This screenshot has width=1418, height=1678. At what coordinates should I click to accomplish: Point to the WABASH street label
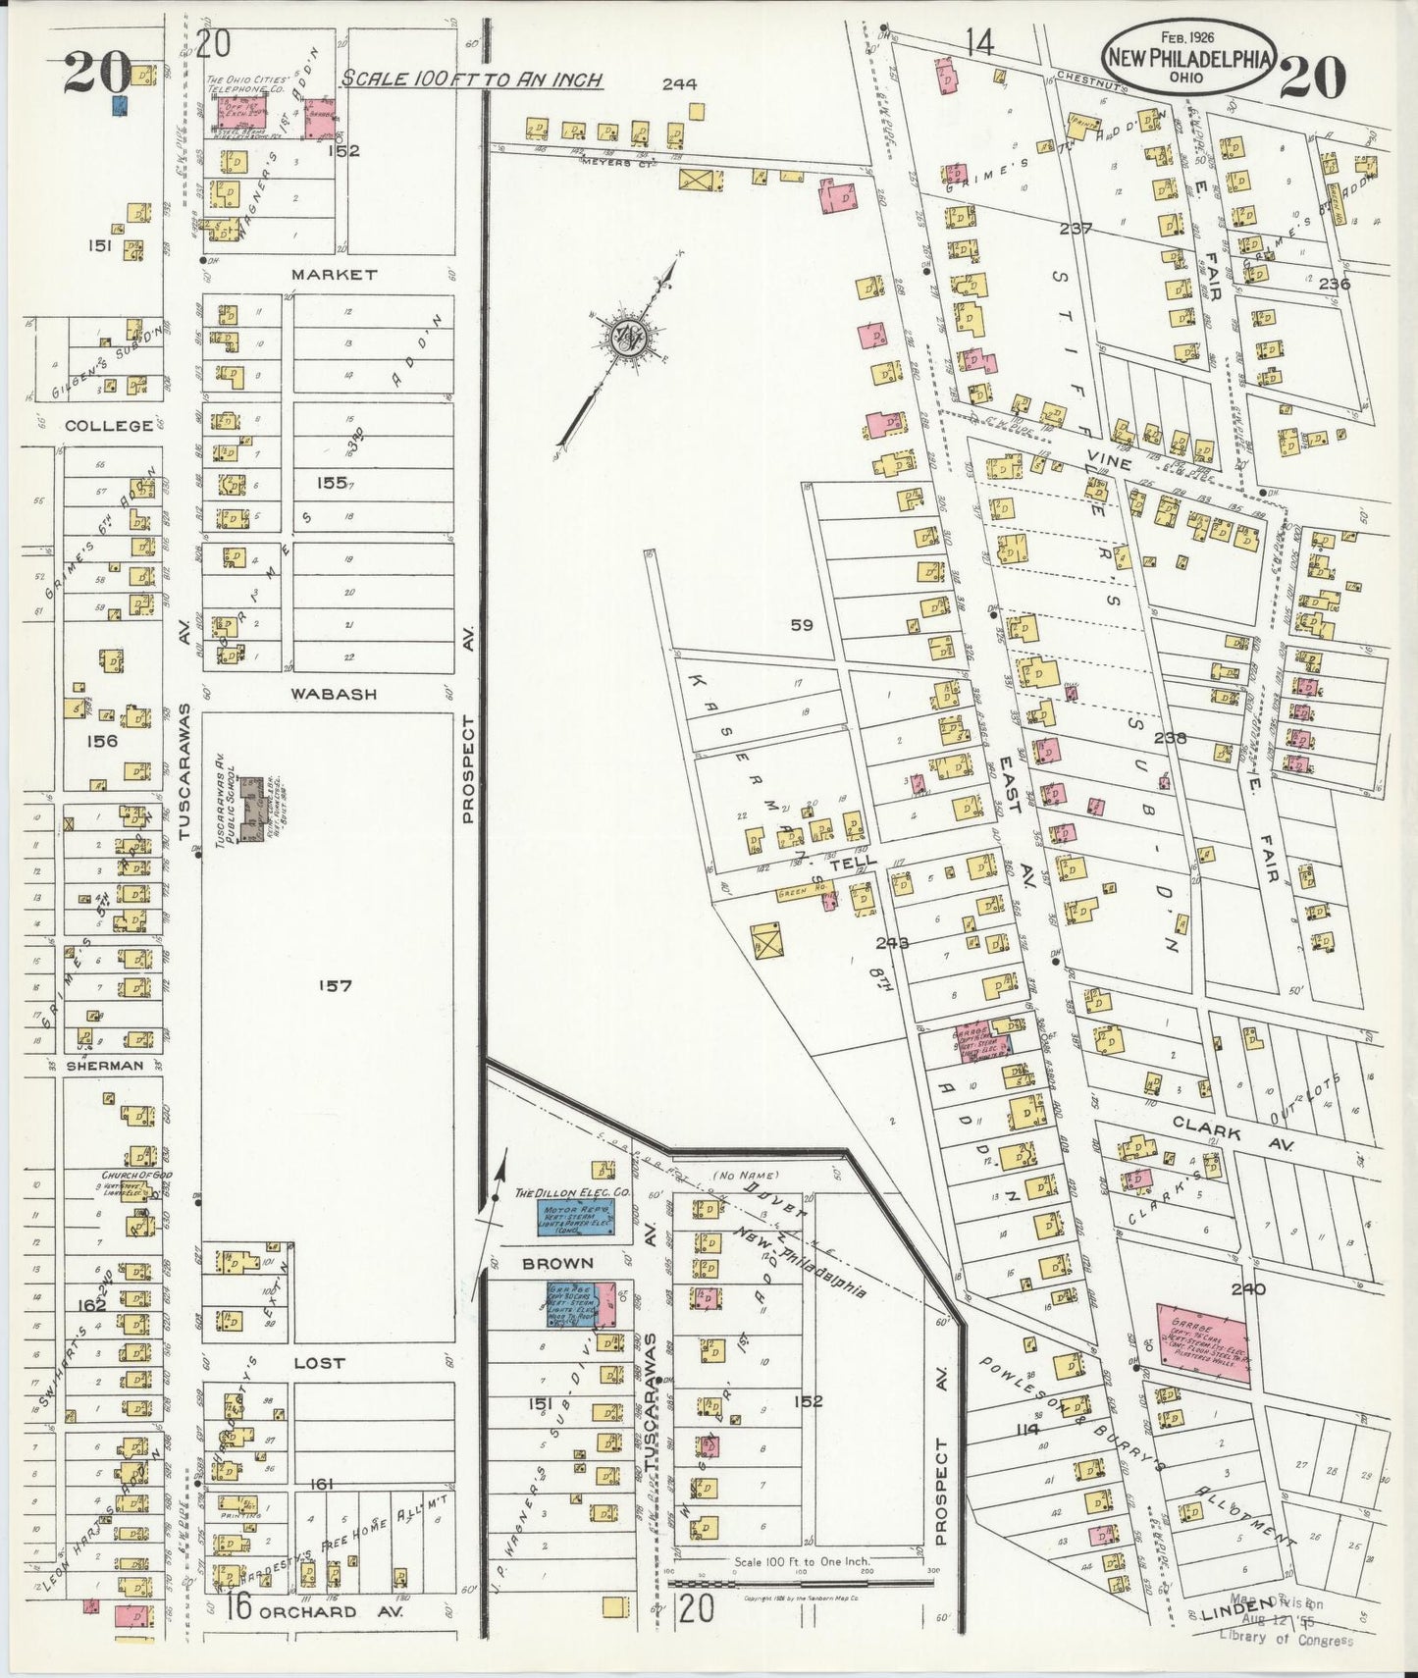coord(334,694)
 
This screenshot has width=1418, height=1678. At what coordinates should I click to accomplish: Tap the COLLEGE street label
coord(109,426)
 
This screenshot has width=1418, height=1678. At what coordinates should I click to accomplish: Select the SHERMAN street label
coord(104,1065)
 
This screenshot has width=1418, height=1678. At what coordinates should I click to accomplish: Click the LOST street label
coord(319,1363)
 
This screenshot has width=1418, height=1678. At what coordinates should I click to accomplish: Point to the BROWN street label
coord(557,1263)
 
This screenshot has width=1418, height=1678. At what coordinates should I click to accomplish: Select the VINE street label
coord(1109,462)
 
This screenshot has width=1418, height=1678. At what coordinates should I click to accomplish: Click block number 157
coord(334,986)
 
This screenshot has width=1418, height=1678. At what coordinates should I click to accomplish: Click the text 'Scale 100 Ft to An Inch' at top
coord(471,79)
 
